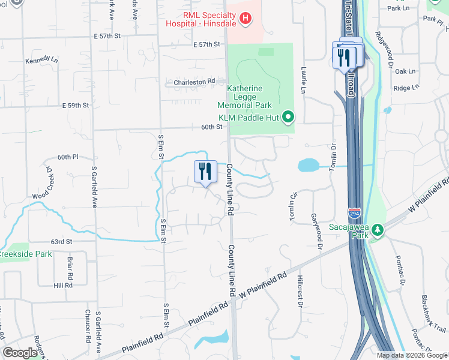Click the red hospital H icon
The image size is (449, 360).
[245, 20]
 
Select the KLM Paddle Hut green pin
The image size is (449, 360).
[289, 116]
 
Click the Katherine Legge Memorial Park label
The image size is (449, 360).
[244, 97]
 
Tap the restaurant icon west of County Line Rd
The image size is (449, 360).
[205, 172]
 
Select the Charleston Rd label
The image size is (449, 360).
[194, 82]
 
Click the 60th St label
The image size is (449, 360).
[212, 127]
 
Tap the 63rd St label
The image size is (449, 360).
[61, 242]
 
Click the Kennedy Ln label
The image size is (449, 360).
[41, 61]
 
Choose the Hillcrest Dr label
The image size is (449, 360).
[299, 292]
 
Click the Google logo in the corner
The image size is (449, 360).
[20, 353]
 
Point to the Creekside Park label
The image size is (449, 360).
[26, 254]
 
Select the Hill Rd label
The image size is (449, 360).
[62, 286]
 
